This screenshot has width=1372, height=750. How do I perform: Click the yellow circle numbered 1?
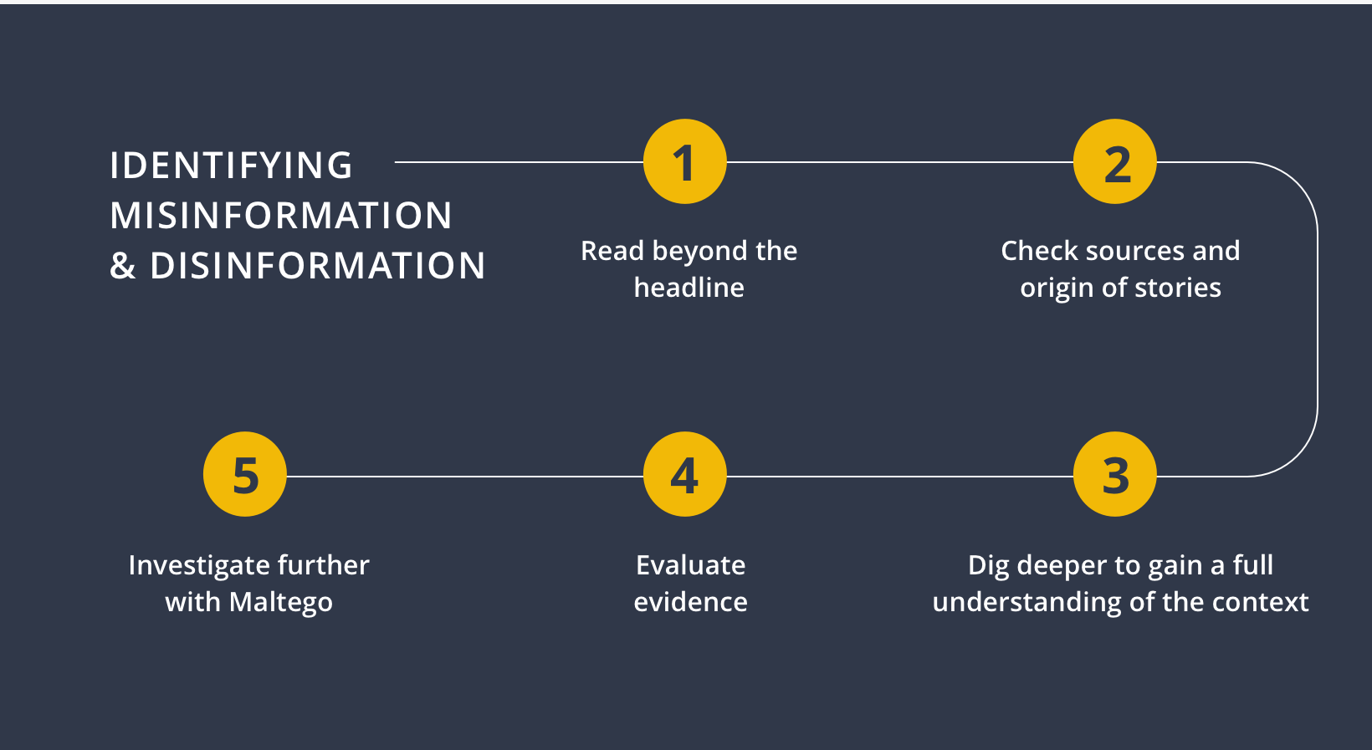pyautogui.click(x=685, y=161)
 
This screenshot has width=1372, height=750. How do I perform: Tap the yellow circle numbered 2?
pyautogui.click(x=1114, y=161)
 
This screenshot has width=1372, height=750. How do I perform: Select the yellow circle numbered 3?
pyautogui.click(x=1114, y=474)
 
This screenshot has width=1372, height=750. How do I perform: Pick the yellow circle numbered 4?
pyautogui.click(x=685, y=474)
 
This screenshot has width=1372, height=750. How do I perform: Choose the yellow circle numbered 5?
pyautogui.click(x=245, y=474)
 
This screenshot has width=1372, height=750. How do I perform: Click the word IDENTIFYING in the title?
pyautogui.click(x=231, y=166)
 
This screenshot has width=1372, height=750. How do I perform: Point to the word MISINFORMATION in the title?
pyautogui.click(x=280, y=216)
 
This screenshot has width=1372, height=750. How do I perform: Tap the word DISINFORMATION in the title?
pyautogui.click(x=317, y=266)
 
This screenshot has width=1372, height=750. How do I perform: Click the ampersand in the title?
pyautogui.click(x=122, y=266)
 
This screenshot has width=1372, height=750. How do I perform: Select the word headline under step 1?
pyautogui.click(x=689, y=287)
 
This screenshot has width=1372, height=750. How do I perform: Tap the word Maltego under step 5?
pyautogui.click(x=280, y=603)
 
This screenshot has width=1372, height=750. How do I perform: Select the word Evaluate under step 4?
pyautogui.click(x=690, y=565)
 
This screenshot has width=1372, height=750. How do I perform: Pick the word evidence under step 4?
pyautogui.click(x=690, y=602)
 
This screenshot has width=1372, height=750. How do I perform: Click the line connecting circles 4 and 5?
pyautogui.click(x=465, y=476)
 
